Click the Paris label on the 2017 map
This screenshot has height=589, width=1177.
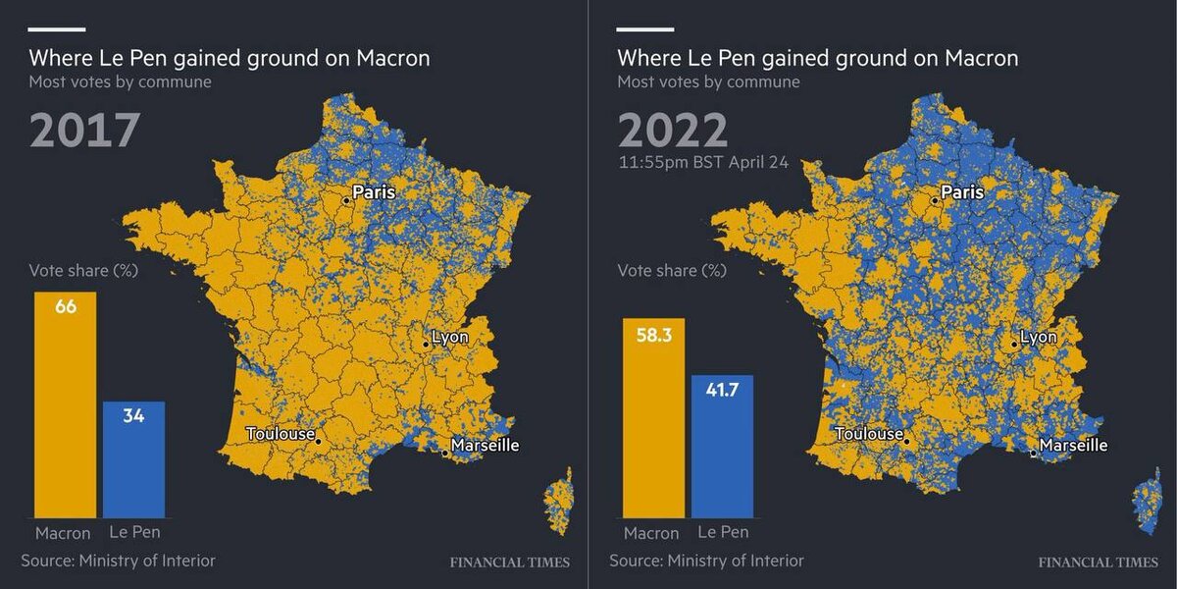[x=374, y=191]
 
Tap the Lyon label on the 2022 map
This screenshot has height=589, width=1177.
[x=1039, y=337]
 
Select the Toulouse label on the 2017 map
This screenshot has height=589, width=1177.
[x=281, y=434]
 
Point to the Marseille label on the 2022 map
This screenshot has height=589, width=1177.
[x=1073, y=445]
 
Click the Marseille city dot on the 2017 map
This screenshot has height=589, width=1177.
[x=445, y=454]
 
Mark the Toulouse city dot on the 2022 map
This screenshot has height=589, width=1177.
[x=907, y=442]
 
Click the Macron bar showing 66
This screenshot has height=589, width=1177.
[x=66, y=404]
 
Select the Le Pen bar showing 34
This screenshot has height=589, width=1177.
[x=133, y=459]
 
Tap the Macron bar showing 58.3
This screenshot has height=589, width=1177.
[x=654, y=417]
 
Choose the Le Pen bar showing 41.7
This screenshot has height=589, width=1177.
[x=722, y=446]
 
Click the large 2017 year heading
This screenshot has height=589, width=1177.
[x=85, y=131]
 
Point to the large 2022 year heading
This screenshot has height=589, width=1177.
[x=673, y=131]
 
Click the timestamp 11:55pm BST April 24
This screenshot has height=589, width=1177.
[x=702, y=162]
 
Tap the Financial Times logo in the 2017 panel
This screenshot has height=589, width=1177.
[x=509, y=562]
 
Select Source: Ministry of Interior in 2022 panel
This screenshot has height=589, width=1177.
[x=706, y=561]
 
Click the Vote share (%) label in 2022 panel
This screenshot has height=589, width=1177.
[x=671, y=271]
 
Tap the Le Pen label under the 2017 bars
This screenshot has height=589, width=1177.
[x=133, y=532]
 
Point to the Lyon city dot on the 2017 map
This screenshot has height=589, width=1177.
[x=426, y=345]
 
